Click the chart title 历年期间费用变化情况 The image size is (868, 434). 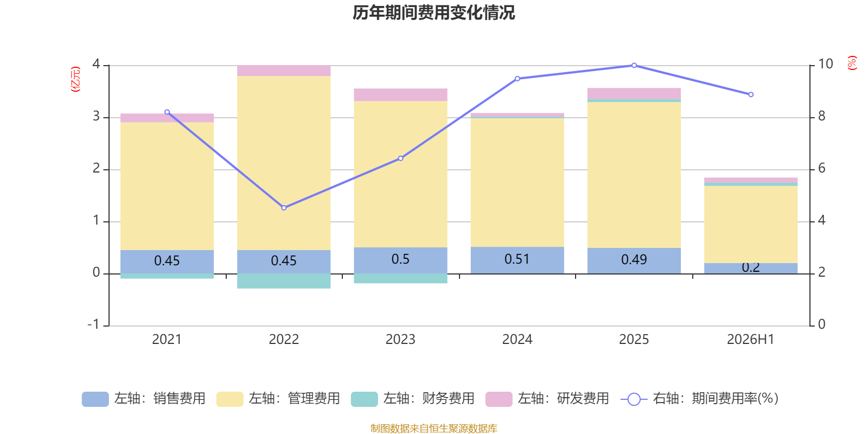pos(433,13)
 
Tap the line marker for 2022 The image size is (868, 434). pos(284,208)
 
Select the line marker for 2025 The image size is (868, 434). pos(634,66)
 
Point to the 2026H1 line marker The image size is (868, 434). pos(751,94)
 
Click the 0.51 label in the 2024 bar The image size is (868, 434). pos(517,259)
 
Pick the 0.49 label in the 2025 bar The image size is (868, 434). pos(634,260)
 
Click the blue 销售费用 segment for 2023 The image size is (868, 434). pos(401,260)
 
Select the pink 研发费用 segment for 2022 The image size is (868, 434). pos(284,71)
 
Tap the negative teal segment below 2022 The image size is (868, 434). pos(284,281)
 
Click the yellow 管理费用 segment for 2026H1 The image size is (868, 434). pos(751,225)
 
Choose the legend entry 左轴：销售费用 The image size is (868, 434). pos(144,399)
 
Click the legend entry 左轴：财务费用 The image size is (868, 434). pos(413,399)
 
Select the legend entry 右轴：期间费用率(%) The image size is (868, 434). pos(699,399)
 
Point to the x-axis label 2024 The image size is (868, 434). pos(518,340)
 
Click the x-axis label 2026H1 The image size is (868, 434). pos(751,340)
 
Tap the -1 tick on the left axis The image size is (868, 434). pos(93,324)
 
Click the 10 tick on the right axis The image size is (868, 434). pos(825,64)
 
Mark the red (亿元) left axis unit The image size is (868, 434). pos(75,79)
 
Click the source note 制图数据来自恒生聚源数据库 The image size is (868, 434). pos(433,428)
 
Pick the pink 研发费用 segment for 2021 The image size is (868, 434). pos(167,118)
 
